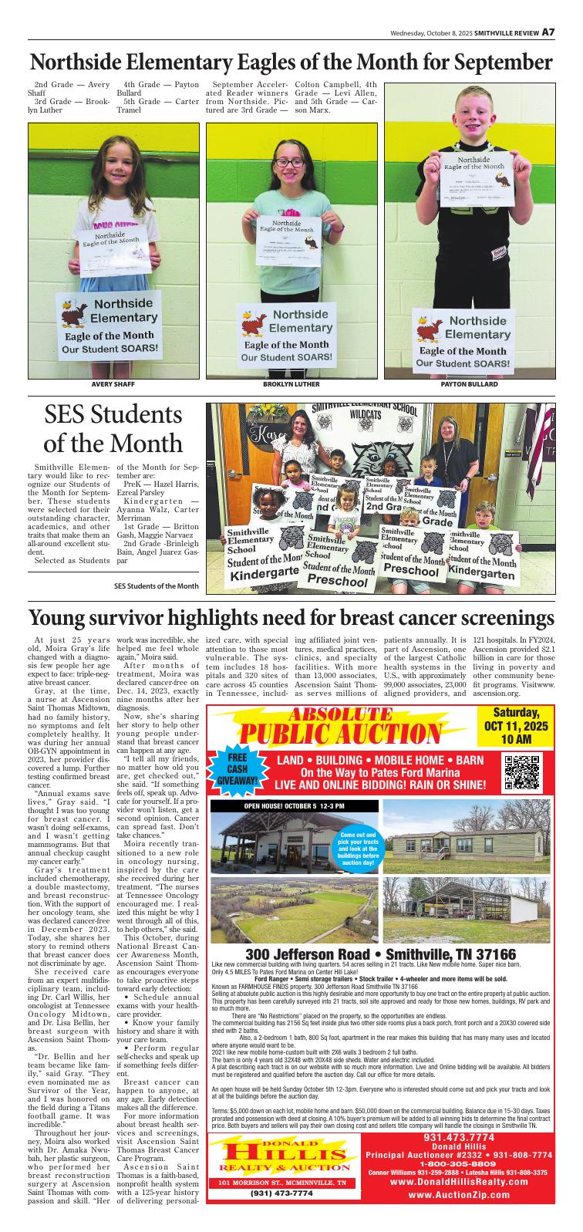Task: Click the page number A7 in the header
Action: click(x=548, y=32)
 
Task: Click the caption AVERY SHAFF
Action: click(x=113, y=383)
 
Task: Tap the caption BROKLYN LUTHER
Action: click(x=291, y=383)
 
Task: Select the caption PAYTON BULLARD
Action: click(x=469, y=383)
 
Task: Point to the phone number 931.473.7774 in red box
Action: click(x=459, y=1138)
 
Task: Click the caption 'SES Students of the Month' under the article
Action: click(x=157, y=586)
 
